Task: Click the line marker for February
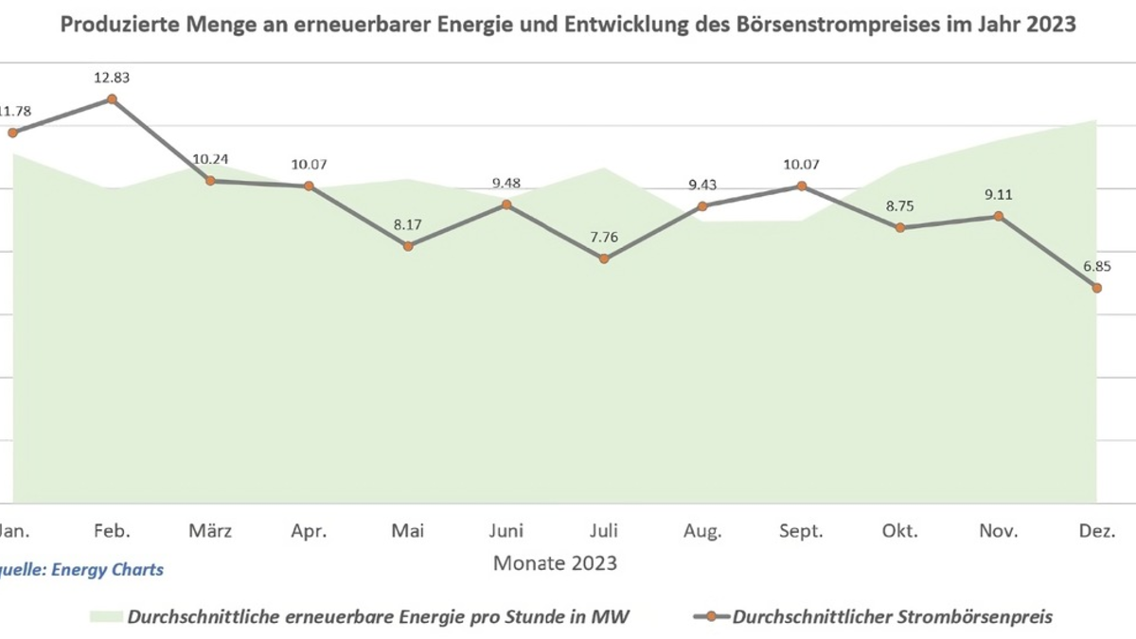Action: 112,98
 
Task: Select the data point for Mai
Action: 408,246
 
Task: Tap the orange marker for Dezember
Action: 1096,288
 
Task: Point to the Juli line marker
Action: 605,258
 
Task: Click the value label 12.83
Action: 112,77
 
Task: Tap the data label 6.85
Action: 1096,266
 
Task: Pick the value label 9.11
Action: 998,195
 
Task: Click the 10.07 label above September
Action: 801,164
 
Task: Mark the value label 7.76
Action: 605,237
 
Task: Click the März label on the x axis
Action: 211,530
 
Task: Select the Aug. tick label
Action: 702,530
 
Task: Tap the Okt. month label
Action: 899,530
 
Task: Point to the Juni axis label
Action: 506,530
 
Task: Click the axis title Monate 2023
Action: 555,563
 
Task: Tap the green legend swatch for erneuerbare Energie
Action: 106,617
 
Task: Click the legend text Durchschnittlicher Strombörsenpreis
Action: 893,617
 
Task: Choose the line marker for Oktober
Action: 899,227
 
